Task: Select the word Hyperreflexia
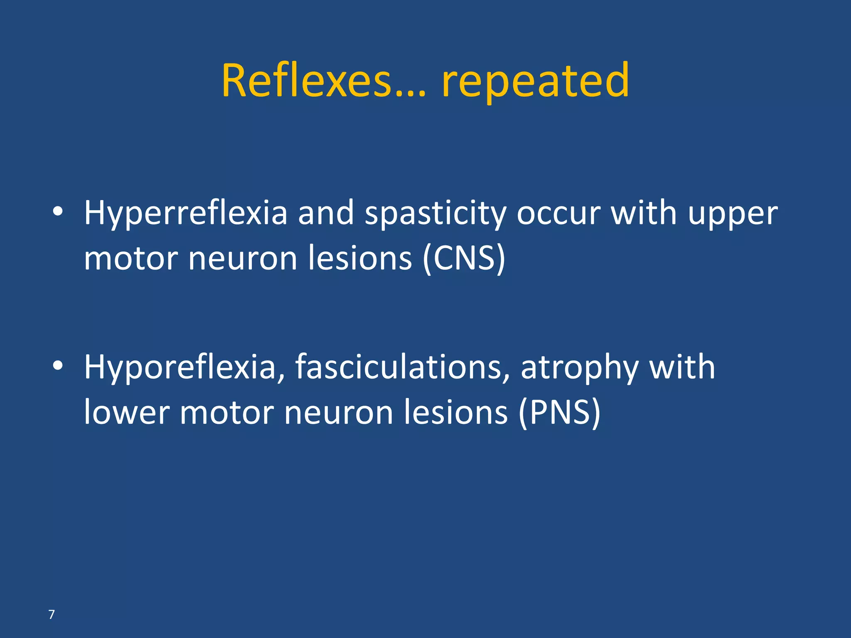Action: pyautogui.click(x=186, y=213)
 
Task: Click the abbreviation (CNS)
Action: pyautogui.click(x=464, y=259)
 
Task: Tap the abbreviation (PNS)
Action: pyautogui.click(x=559, y=412)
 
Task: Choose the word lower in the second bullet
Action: pyautogui.click(x=127, y=412)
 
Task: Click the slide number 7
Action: pyautogui.click(x=52, y=614)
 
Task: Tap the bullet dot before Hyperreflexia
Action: pyautogui.click(x=58, y=211)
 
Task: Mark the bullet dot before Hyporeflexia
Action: pyautogui.click(x=58, y=366)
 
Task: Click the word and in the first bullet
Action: pyautogui.click(x=326, y=213)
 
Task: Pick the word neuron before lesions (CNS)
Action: pyautogui.click(x=243, y=259)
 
